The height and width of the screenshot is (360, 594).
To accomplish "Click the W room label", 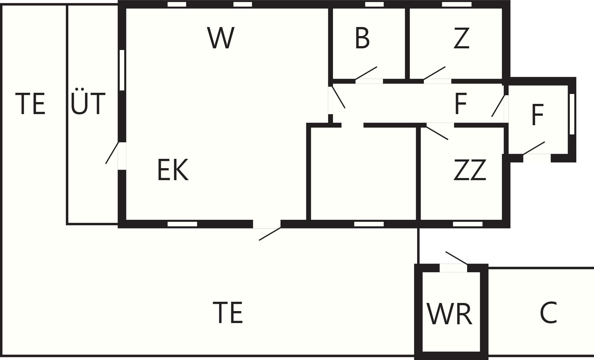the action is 220,38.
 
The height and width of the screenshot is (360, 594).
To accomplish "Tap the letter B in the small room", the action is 362,38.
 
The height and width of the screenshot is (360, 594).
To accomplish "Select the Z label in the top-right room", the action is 461,38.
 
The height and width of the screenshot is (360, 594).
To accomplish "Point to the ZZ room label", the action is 470,170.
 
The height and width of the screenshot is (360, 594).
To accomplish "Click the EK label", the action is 173,170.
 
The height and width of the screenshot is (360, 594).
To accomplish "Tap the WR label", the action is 449,314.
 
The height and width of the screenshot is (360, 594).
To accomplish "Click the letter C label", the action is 548,313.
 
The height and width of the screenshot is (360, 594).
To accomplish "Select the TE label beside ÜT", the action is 30,104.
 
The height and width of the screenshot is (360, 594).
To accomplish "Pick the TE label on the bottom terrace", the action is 228,313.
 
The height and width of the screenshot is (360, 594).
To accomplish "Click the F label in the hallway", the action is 461,104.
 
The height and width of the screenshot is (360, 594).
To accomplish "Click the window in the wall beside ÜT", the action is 122,70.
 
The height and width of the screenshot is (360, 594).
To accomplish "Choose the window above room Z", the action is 457,4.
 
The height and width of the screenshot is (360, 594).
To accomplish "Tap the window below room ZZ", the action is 468,224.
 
